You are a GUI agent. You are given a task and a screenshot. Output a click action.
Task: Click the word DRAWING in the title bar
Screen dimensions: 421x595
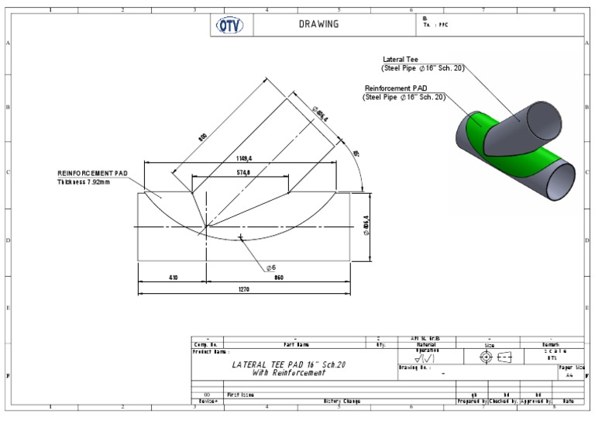[318, 24]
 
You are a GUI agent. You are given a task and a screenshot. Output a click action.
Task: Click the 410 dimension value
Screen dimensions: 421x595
[172, 276]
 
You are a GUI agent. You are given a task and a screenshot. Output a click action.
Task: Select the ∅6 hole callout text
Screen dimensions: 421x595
[270, 267]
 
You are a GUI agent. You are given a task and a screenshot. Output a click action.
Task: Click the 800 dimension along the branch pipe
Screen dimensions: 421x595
[202, 136]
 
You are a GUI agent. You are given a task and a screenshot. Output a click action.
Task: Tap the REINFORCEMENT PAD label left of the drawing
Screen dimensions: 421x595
[92, 173]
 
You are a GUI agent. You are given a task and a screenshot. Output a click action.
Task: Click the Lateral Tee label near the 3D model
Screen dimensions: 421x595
[401, 59]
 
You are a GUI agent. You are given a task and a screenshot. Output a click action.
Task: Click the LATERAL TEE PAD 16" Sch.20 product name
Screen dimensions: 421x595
[289, 364]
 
